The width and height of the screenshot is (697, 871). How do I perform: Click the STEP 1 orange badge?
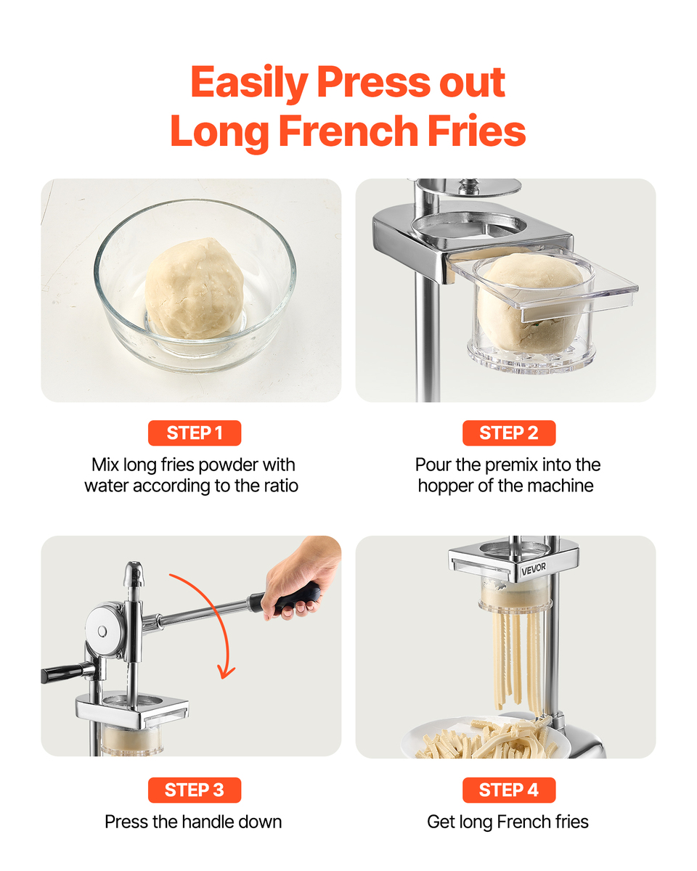[x=195, y=433]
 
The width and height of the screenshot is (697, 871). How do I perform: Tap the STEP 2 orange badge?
[x=509, y=433]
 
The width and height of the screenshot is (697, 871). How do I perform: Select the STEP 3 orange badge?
[x=195, y=790]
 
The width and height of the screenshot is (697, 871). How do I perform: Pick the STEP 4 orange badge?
[x=509, y=790]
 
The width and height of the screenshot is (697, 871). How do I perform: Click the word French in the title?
[x=348, y=131]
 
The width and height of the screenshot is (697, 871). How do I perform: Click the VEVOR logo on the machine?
[x=534, y=568]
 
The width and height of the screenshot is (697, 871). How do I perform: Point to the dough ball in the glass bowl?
[x=195, y=288]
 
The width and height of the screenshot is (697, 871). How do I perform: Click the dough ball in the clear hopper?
[x=530, y=301]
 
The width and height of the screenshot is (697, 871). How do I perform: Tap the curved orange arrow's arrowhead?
[x=226, y=673]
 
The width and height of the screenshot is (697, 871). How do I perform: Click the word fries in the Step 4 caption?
[x=572, y=822]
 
